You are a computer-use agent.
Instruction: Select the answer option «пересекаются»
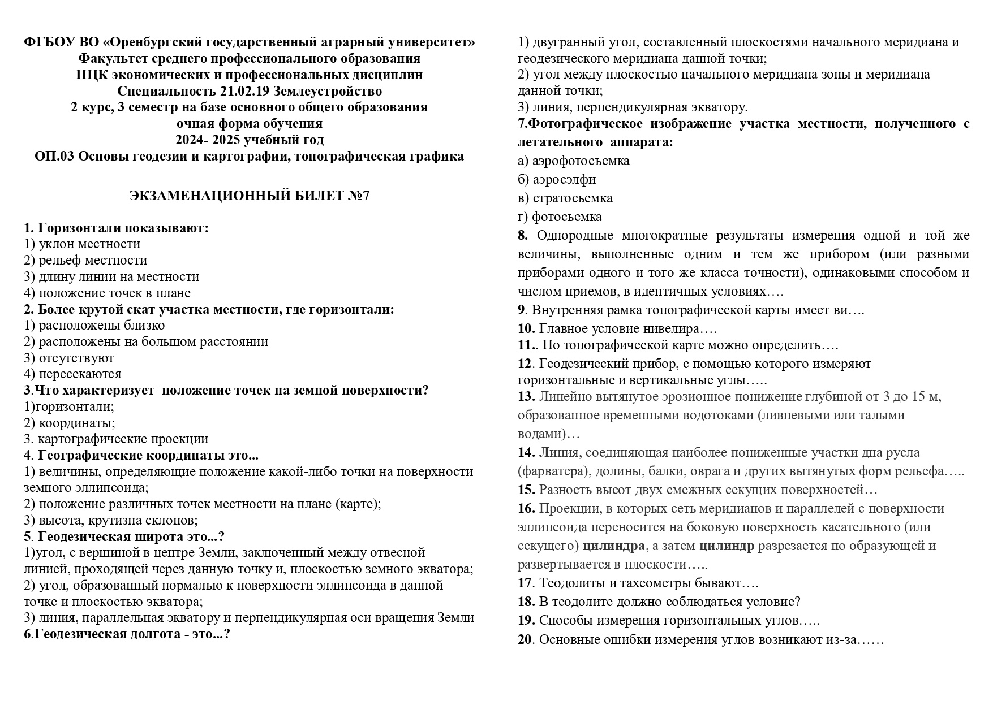(80, 374)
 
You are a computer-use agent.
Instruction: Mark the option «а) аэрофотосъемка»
(573, 161)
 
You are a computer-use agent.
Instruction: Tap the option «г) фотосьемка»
(560, 217)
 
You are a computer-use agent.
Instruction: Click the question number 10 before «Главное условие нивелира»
(526, 329)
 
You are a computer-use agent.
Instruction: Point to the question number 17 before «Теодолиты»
(525, 583)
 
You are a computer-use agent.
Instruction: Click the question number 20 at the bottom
(525, 640)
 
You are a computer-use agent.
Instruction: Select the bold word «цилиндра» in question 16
(613, 546)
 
